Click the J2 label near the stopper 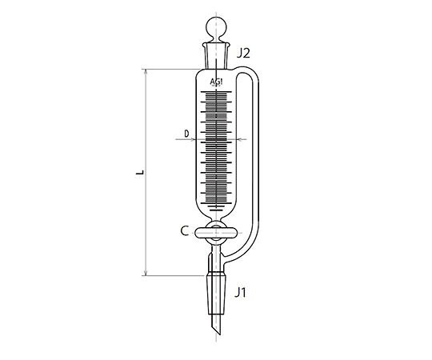coord(243,54)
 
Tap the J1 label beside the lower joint coord(240,292)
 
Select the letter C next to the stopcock coord(184,231)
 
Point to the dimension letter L coord(140,173)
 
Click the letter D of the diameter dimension coord(186,134)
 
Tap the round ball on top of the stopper coord(216,27)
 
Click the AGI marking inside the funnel coord(216,82)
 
